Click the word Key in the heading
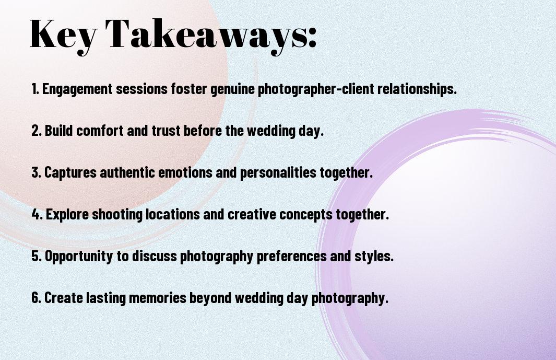(x=64, y=35)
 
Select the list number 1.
(x=35, y=89)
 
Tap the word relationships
(x=417, y=89)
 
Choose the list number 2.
(x=36, y=131)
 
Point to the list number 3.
(x=36, y=172)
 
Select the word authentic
(x=127, y=172)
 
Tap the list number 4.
(x=37, y=214)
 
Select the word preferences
(x=291, y=257)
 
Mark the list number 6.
(x=36, y=298)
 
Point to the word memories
(x=158, y=298)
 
